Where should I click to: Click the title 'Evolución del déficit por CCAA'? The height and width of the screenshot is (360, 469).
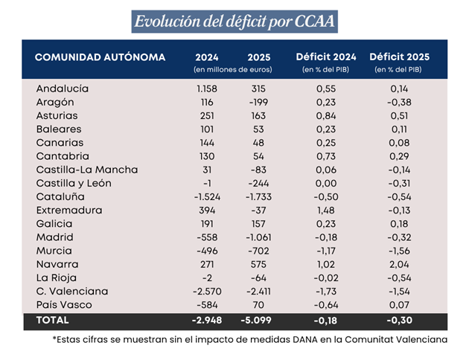(x=234, y=21)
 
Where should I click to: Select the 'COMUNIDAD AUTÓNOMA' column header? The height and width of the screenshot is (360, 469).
(x=100, y=57)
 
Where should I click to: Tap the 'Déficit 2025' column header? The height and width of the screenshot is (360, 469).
(x=399, y=57)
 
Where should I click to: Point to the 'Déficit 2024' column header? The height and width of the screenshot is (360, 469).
(x=325, y=57)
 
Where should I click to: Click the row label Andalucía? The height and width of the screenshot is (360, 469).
(x=63, y=89)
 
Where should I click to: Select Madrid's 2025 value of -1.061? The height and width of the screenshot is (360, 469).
(x=260, y=237)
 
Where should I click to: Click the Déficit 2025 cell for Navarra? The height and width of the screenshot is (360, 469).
(x=399, y=264)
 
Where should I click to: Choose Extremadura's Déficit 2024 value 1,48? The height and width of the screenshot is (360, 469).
(x=325, y=210)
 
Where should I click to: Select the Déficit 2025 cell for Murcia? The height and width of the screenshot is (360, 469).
(x=399, y=251)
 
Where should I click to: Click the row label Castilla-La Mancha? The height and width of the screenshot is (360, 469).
(x=87, y=170)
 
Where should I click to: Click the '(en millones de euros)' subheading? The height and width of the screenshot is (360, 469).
(x=232, y=70)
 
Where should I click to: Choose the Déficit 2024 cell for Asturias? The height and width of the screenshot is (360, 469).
(x=325, y=115)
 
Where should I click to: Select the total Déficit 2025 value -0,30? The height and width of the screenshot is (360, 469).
(x=399, y=321)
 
